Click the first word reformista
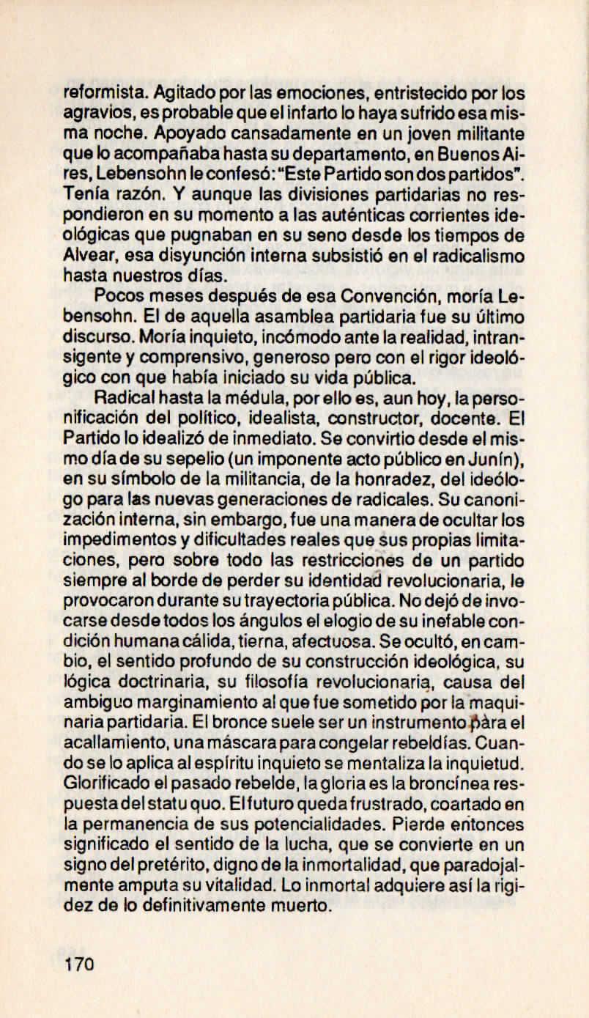pyautogui.click(x=96, y=94)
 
